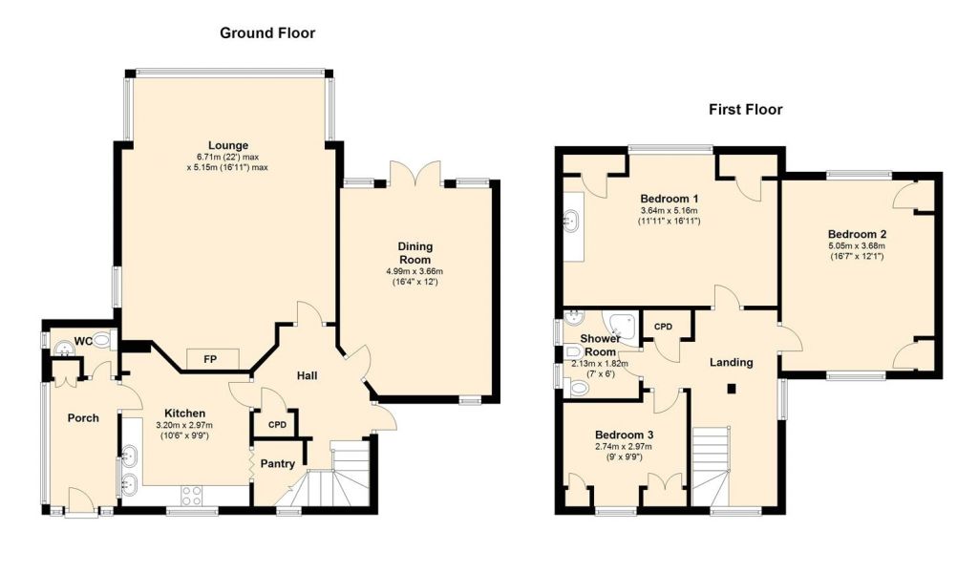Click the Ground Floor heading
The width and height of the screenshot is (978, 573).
point(267,33)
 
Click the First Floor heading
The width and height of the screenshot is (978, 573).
point(745,110)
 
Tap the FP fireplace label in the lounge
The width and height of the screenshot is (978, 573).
point(210,360)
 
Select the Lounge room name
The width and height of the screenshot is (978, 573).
point(228,146)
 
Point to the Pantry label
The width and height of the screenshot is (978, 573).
point(278,464)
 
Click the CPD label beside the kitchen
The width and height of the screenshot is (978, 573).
point(278,425)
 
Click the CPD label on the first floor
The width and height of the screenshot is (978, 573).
point(663,327)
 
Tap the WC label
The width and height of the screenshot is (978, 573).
point(83,341)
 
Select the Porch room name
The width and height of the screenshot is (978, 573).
point(83,417)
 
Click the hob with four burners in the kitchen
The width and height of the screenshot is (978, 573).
point(191,496)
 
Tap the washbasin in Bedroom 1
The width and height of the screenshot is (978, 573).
point(571,220)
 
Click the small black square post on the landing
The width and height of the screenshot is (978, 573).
point(733,389)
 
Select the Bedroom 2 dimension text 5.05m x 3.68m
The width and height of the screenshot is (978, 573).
point(856,245)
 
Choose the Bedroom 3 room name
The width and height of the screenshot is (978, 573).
point(624,435)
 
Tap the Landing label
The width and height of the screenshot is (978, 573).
point(732,362)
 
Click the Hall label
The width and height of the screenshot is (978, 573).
point(307,375)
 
